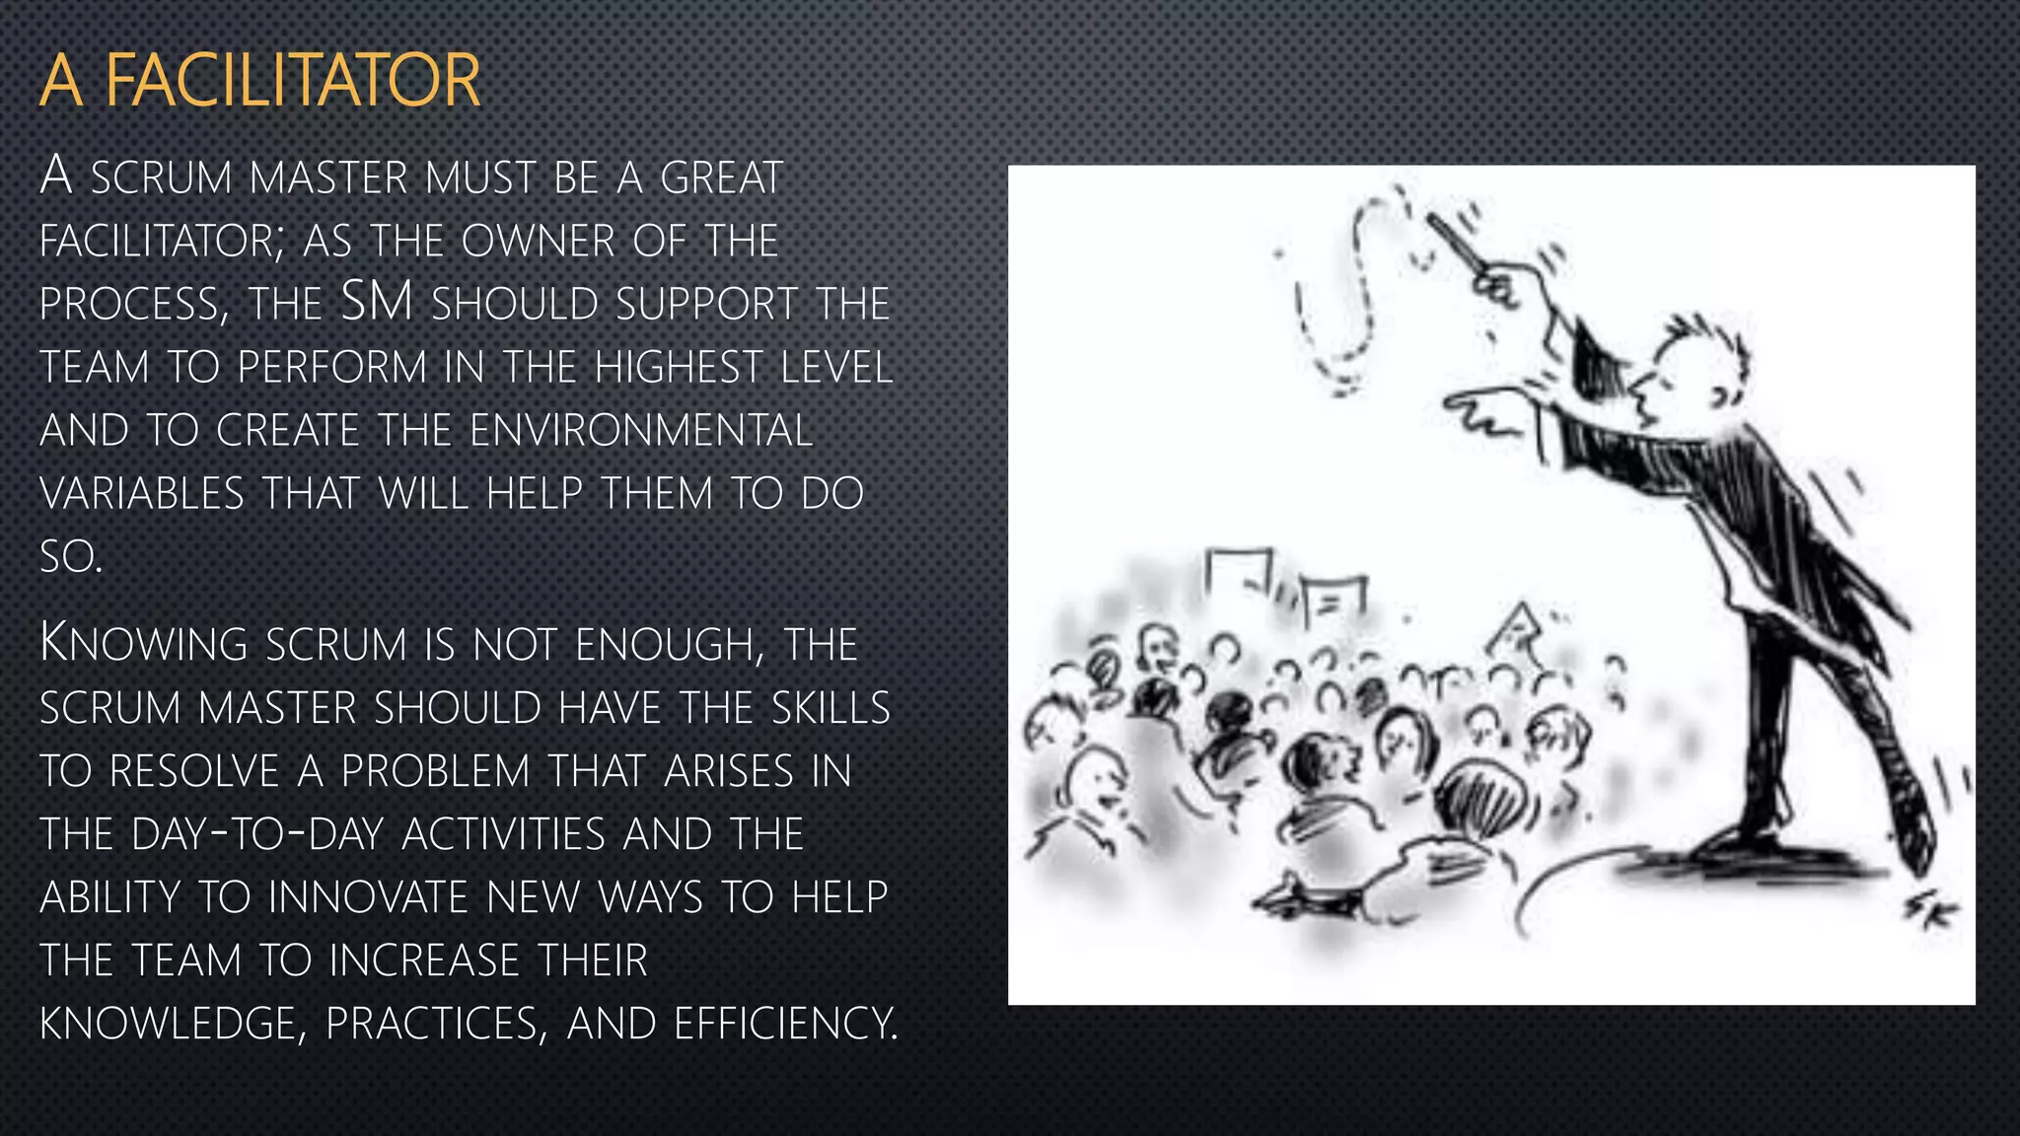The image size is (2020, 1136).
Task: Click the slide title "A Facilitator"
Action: pos(259,81)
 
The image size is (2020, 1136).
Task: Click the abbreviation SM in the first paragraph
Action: pos(376,302)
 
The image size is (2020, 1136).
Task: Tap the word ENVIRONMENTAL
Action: pos(641,431)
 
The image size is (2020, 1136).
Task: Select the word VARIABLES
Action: pos(142,494)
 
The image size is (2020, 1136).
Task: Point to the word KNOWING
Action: pos(144,644)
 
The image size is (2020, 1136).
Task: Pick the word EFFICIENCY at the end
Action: pos(785,1024)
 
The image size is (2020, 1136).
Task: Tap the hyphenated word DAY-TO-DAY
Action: pos(255,834)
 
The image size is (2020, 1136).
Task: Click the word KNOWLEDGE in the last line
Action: pos(167,1024)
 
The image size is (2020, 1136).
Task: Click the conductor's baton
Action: pos(1456,242)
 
